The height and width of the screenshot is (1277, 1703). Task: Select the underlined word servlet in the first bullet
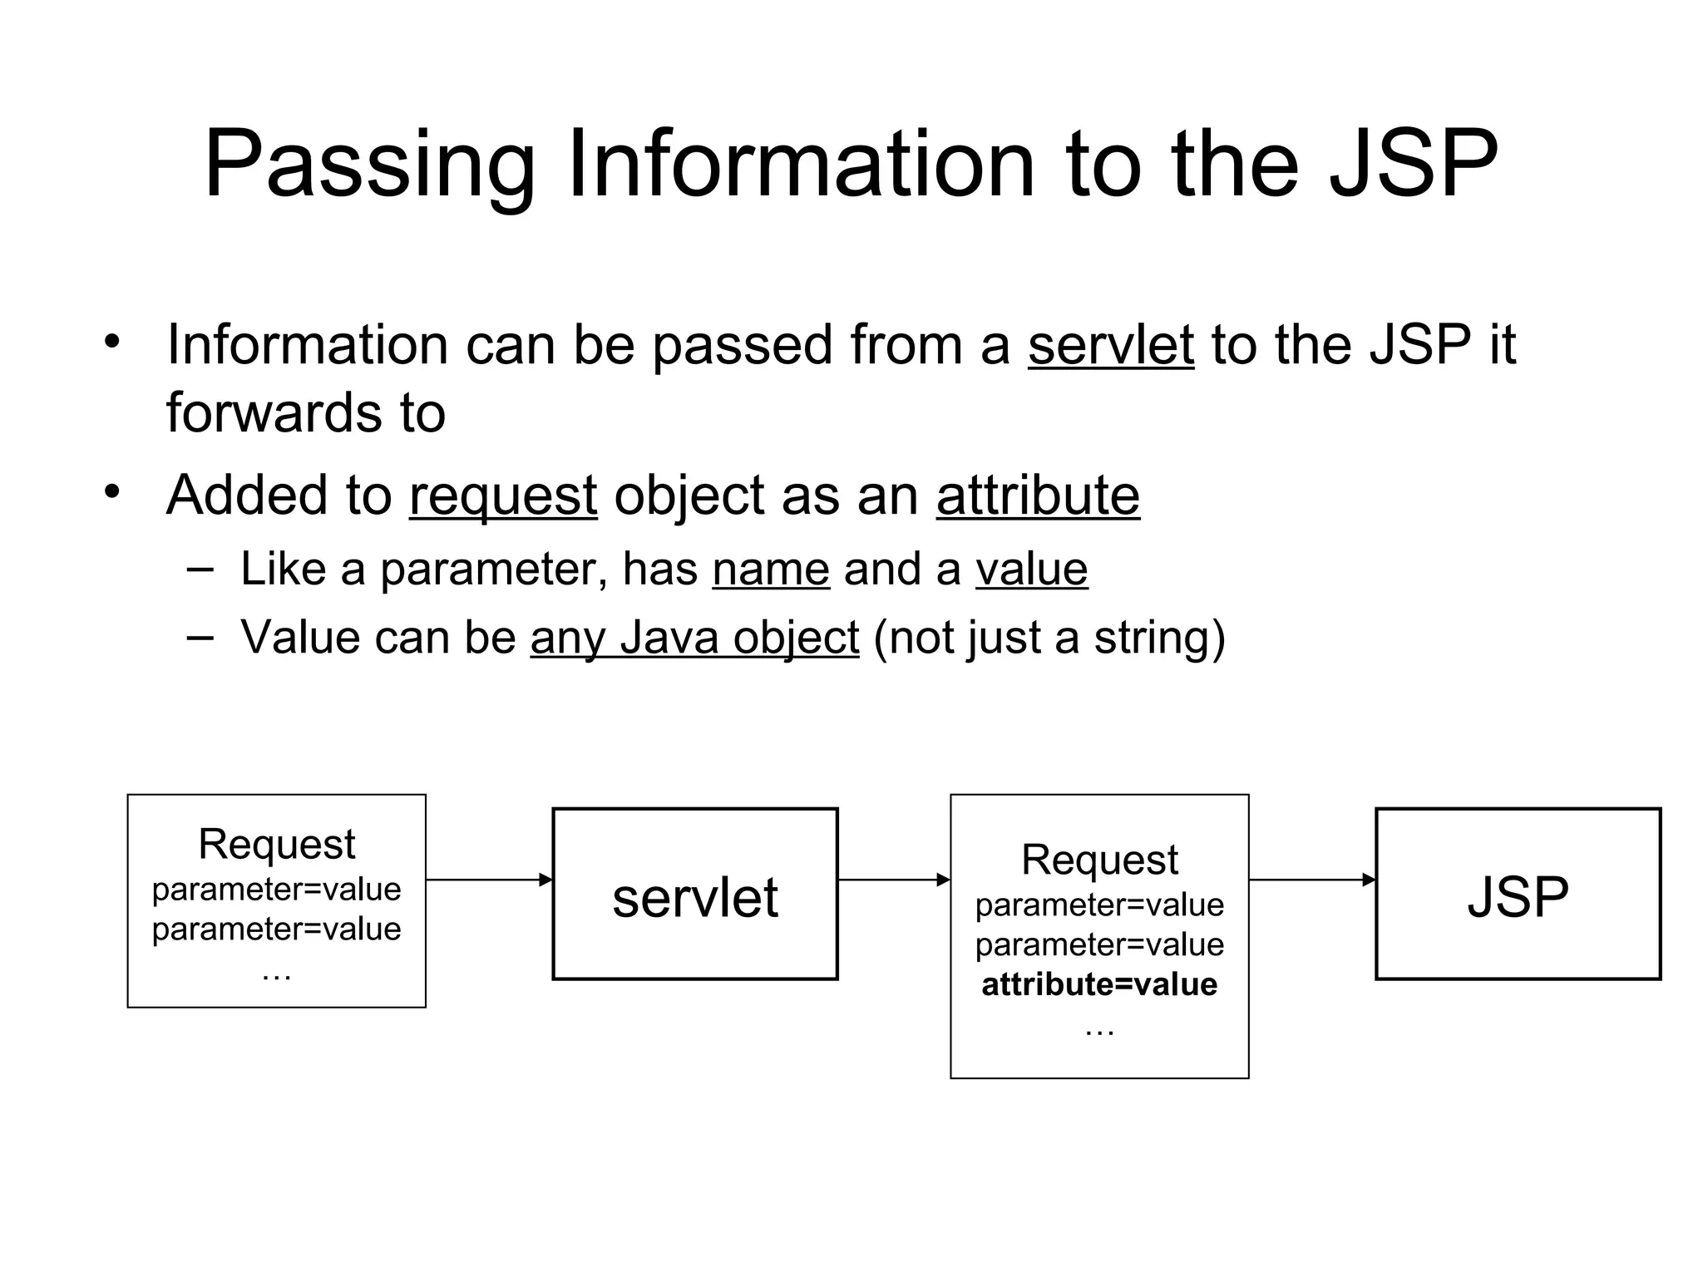click(1110, 345)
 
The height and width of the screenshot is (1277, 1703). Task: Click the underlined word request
click(502, 496)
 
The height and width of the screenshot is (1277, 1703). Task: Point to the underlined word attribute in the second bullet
click(1037, 496)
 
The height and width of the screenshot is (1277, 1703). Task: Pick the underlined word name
click(770, 570)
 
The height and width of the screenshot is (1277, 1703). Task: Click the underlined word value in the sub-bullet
click(1031, 570)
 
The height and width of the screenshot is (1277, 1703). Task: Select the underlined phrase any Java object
click(694, 638)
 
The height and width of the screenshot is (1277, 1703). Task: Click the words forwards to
click(305, 413)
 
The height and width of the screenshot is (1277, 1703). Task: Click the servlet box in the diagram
click(694, 895)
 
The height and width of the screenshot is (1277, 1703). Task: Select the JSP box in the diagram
click(1518, 895)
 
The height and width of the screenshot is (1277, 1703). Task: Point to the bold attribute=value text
click(1098, 985)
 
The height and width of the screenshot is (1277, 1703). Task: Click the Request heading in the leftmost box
click(276, 845)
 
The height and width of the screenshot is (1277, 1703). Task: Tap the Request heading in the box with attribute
click(1098, 860)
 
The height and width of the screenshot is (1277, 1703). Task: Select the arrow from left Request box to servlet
click(489, 880)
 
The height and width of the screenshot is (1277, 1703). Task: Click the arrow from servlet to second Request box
click(893, 880)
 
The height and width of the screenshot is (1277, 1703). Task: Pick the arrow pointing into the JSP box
click(1311, 880)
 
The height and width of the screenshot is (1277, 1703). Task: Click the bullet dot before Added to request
click(112, 492)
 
